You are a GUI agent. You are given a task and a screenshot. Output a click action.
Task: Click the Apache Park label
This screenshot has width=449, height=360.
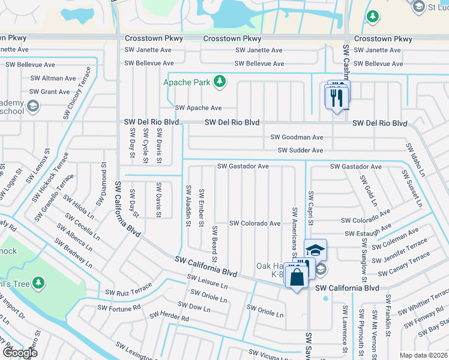pos(187,81)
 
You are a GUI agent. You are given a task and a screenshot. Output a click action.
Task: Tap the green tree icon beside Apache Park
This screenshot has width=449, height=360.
pos(220,81)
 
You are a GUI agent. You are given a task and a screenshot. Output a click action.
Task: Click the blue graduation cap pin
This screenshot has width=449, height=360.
pos(315,250)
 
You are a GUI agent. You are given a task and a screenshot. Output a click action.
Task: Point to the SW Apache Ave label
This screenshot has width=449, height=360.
pos(198,108)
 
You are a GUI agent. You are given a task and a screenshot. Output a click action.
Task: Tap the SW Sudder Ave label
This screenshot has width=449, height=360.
pos(300,151)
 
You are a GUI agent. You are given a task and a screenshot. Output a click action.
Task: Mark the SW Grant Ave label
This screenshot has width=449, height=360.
pos(50,92)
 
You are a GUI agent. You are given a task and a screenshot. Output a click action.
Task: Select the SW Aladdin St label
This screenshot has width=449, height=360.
pos(188,205)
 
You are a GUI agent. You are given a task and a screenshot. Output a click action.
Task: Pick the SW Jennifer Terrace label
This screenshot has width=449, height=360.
pos(400,249)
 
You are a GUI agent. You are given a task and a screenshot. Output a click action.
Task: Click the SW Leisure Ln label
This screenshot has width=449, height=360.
pos(207,282)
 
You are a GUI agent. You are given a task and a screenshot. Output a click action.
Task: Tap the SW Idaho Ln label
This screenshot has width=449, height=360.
pos(415,160)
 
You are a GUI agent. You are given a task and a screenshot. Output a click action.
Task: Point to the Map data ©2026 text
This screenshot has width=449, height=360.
pos(423,355)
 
